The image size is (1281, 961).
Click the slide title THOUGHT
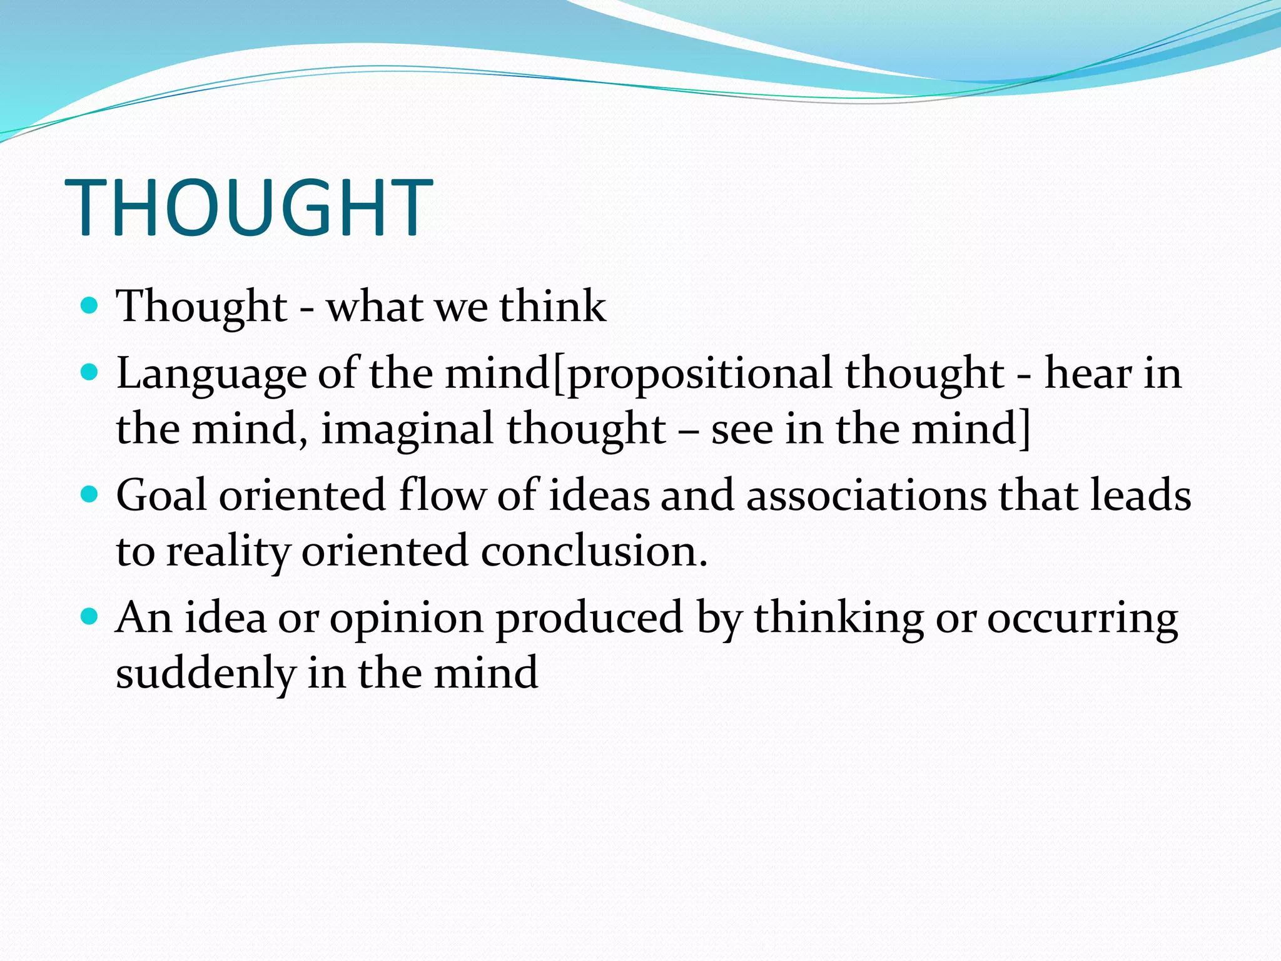pyautogui.click(x=248, y=208)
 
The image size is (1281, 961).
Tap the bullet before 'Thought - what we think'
pyautogui.click(x=90, y=305)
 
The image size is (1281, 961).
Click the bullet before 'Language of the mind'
pyautogui.click(x=90, y=373)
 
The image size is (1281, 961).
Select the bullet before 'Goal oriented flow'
pyautogui.click(x=90, y=495)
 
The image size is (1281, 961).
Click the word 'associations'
pyautogui.click(x=866, y=496)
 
